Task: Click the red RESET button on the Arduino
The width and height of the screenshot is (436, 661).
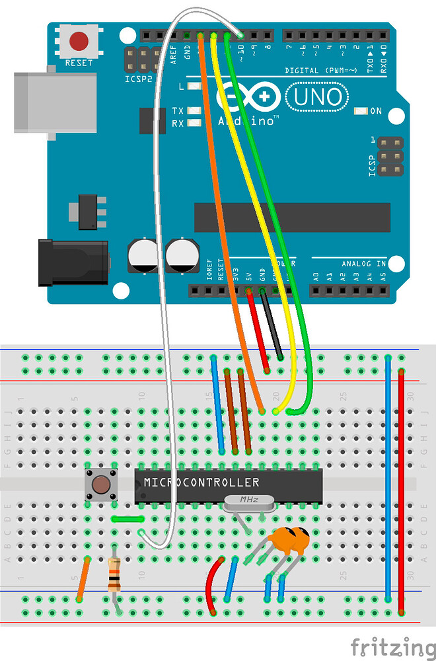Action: click(79, 41)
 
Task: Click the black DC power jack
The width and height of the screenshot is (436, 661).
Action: click(73, 263)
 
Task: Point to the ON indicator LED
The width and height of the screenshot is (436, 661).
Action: click(360, 111)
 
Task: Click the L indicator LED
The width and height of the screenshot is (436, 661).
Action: click(194, 87)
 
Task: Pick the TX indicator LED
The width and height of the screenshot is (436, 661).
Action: click(194, 111)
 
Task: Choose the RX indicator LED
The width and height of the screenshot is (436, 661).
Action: click(194, 123)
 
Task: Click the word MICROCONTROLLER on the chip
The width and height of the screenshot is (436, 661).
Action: click(201, 483)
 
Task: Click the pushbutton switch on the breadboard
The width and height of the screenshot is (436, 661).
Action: click(100, 485)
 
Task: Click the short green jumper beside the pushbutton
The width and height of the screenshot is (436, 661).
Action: click(127, 519)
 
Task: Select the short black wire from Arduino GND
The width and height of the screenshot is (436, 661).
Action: click(271, 324)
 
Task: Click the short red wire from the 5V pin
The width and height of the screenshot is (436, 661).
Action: click(258, 330)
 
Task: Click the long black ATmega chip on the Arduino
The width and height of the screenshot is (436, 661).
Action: click(291, 217)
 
